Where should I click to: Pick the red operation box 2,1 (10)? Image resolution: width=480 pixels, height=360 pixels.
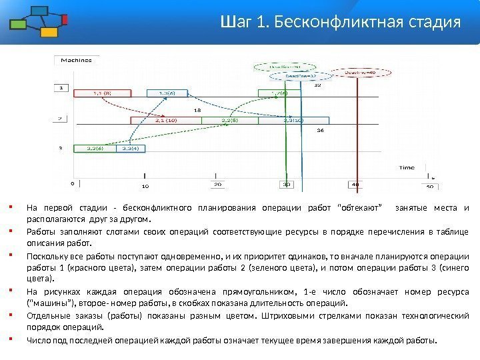(x=166, y=121)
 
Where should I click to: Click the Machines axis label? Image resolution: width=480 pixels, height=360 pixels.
(x=76, y=60)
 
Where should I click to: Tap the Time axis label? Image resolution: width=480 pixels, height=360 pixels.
(x=406, y=168)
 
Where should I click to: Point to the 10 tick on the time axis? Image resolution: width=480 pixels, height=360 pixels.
(x=145, y=186)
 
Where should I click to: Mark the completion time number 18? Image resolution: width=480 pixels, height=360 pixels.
(x=197, y=110)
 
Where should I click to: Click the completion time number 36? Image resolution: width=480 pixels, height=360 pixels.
(x=320, y=131)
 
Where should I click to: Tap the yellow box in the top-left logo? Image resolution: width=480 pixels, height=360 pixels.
(x=49, y=31)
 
